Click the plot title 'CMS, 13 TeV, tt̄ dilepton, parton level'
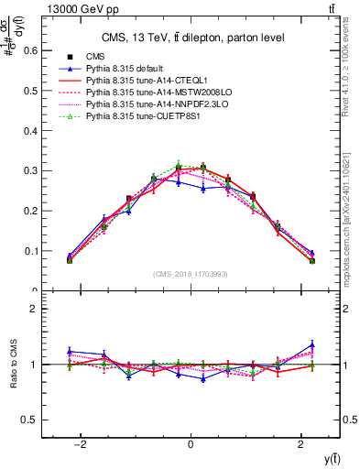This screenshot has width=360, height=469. tap(191, 38)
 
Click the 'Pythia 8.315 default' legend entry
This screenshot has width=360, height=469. tap(127, 69)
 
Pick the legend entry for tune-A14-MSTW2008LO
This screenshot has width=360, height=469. tap(150, 93)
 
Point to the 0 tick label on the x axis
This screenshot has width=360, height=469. tap(191, 444)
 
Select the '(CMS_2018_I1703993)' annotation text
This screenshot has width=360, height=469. tap(191, 274)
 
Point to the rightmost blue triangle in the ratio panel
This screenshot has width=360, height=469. tap(312, 345)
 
